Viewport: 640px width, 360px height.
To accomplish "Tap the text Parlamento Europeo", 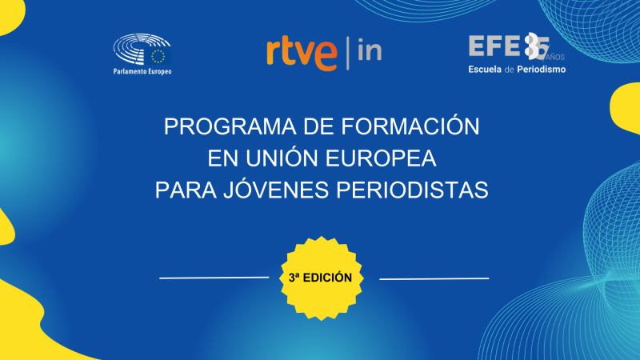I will (x=143, y=71).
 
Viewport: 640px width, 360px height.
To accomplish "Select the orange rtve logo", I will (x=302, y=53).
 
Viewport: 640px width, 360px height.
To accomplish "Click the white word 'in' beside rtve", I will (x=369, y=51).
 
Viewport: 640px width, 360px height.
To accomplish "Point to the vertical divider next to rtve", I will (x=347, y=52).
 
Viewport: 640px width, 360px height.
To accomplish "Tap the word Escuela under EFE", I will (x=488, y=70).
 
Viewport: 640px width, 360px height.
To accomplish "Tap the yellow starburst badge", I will (x=320, y=278).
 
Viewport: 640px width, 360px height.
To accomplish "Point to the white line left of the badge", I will (x=214, y=278).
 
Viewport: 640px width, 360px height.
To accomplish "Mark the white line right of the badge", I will (x=434, y=278).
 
